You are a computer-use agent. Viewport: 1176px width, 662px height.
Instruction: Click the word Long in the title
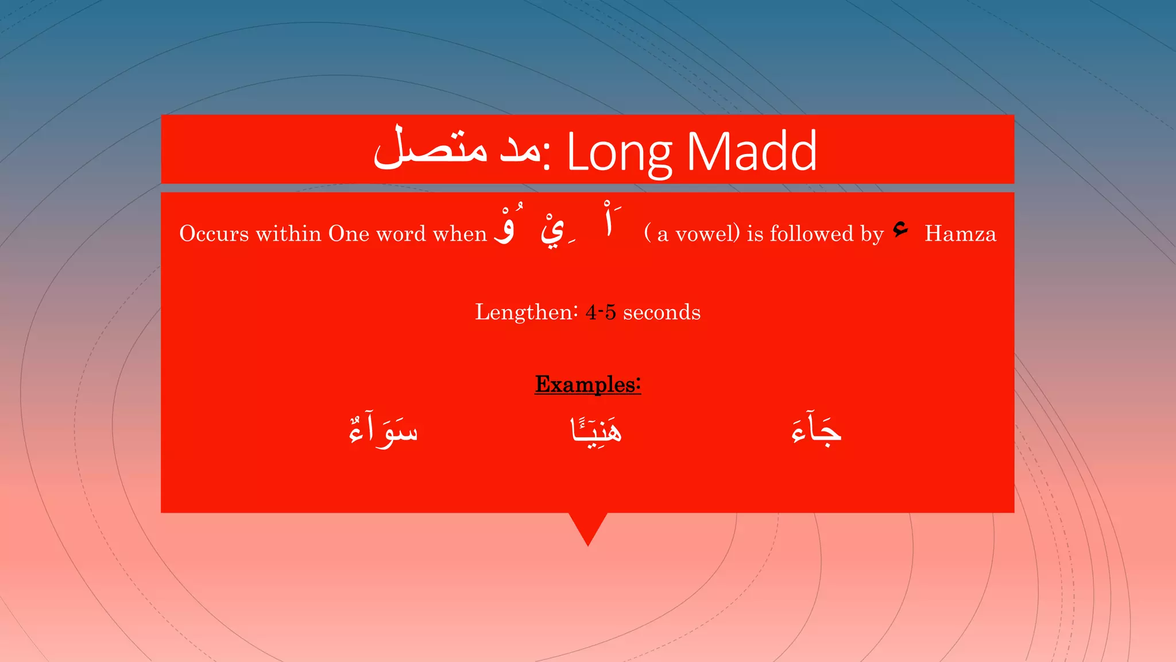coord(619,152)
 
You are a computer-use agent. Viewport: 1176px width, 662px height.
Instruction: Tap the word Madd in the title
coord(752,152)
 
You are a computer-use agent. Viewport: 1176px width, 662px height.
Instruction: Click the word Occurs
coord(214,234)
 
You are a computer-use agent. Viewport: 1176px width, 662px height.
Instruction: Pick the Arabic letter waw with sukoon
coord(505,229)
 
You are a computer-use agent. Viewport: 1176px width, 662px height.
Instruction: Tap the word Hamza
coord(960,234)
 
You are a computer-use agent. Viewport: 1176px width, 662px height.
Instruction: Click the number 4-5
coord(601,312)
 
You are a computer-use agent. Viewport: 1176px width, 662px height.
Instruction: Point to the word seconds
coord(661,312)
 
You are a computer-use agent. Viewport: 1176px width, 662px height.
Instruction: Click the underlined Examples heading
coord(587,384)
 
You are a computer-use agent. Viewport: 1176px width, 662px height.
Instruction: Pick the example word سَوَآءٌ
coord(384,430)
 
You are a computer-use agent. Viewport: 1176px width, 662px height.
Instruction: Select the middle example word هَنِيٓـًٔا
coord(596,430)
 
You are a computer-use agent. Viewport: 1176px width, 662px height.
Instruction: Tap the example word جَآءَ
coord(816,430)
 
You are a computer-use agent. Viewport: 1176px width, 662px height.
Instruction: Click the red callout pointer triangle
coord(588,526)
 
